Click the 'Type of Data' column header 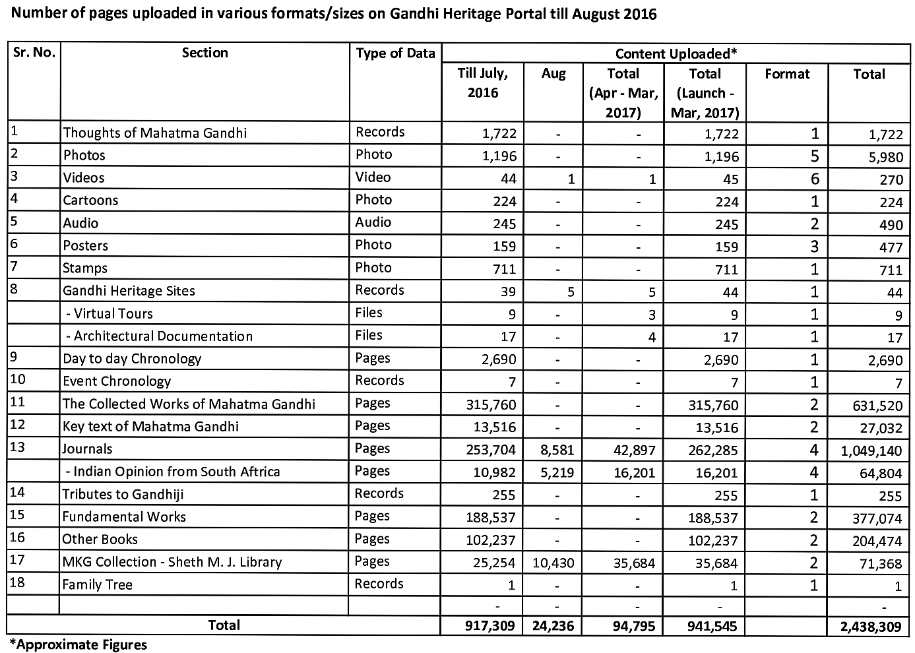click(x=395, y=53)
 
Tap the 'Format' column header click(x=787, y=75)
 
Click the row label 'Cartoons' click(x=90, y=201)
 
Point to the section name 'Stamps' click(x=85, y=268)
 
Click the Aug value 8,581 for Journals click(x=554, y=451)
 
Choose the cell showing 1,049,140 click(x=871, y=451)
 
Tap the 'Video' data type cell click(x=373, y=177)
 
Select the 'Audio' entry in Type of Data click(x=373, y=222)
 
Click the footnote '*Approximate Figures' click(x=77, y=644)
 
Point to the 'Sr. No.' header click(x=34, y=52)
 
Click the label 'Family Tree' click(x=97, y=585)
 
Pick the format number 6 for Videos click(x=814, y=179)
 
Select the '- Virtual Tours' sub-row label click(x=109, y=314)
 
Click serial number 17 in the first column click(x=18, y=560)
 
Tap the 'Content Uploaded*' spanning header click(x=675, y=53)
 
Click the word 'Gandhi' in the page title click(x=411, y=14)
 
